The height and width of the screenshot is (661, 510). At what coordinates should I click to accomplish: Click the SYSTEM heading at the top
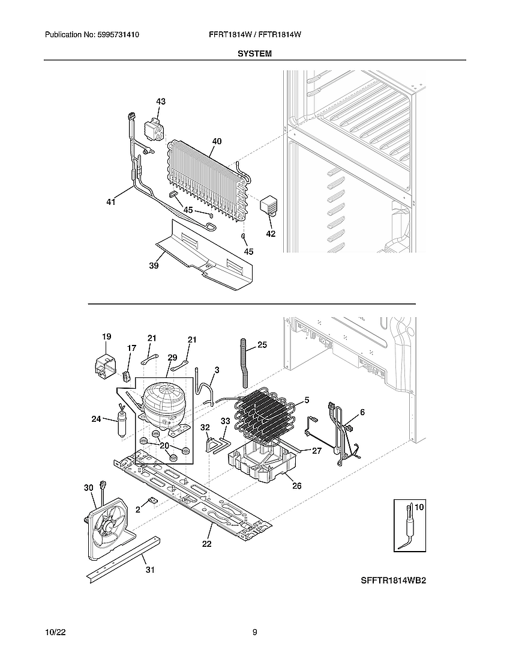(254, 53)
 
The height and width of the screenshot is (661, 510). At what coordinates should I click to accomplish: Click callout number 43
(161, 102)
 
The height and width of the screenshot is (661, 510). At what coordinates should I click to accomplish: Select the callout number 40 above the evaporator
(217, 142)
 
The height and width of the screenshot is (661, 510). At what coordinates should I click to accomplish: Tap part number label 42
(271, 233)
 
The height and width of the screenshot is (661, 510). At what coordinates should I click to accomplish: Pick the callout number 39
(154, 266)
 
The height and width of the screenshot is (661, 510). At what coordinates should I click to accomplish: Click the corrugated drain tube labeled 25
(245, 363)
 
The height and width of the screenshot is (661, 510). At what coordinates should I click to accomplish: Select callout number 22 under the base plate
(206, 544)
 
